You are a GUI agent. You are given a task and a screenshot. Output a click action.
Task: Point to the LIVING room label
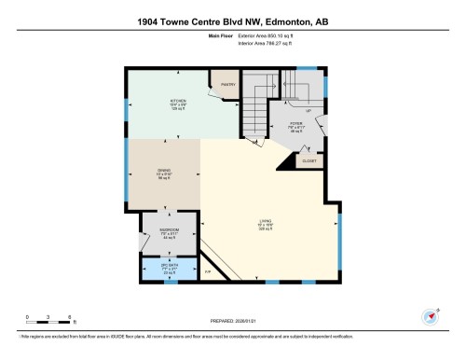pos(264,224)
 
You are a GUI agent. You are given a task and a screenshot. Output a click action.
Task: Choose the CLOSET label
pos(308,160)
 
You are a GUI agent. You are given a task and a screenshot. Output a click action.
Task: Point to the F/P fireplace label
pos(210,271)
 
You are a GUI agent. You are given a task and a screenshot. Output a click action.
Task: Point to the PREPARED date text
pos(233,317)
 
